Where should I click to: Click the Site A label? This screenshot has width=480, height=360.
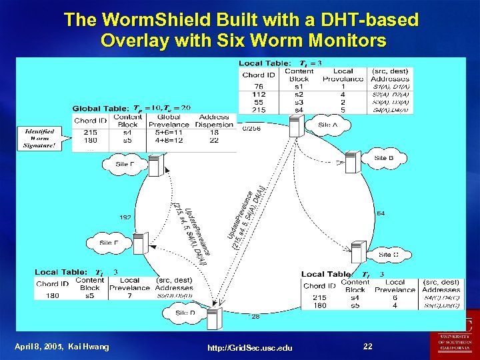click(327, 125)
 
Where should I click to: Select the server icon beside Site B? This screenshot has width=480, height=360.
click(353, 162)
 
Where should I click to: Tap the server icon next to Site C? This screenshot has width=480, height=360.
click(359, 251)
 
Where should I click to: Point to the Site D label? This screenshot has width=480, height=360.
click(186, 312)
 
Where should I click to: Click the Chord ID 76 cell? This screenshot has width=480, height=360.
click(258, 87)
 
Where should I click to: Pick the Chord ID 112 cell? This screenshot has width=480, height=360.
click(258, 94)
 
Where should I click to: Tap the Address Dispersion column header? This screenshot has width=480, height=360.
click(215, 121)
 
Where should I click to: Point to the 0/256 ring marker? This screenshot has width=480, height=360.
click(251, 127)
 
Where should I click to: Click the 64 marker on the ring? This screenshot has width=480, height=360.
click(380, 213)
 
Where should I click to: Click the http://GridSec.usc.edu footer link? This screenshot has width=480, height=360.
click(250, 348)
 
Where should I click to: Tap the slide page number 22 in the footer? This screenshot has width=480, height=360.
click(368, 347)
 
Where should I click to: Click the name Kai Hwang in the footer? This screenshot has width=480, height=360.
click(90, 347)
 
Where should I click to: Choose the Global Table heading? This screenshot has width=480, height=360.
click(100, 109)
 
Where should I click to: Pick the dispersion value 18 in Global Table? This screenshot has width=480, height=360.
click(215, 133)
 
